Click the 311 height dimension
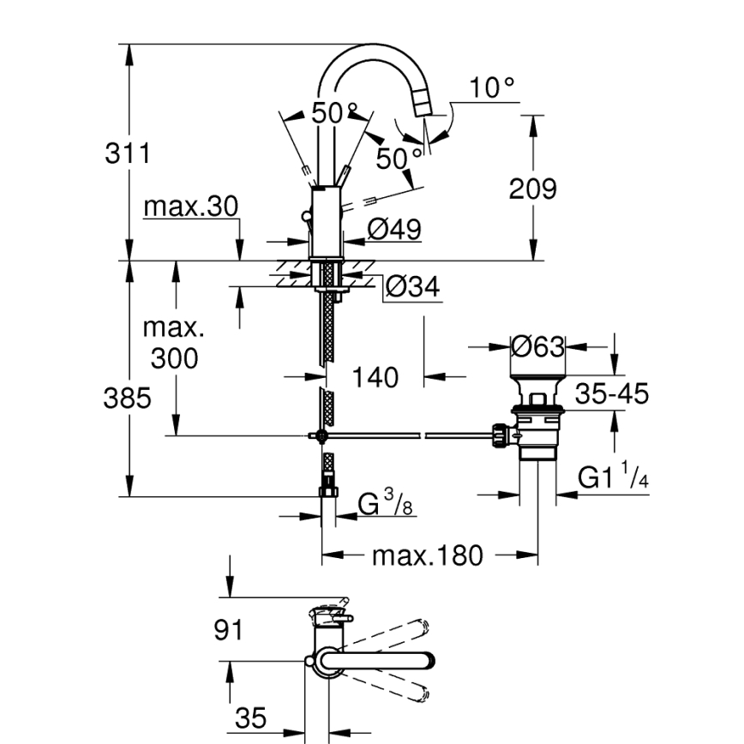127,154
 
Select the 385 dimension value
127,399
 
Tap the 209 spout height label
532,189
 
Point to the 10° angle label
492,87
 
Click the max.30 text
190,207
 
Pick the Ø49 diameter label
393,229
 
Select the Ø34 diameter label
412,287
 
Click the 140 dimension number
375,377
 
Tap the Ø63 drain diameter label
537,347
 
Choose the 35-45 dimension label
611,394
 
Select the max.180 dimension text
427,556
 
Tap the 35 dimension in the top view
251,717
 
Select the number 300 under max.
174,358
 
